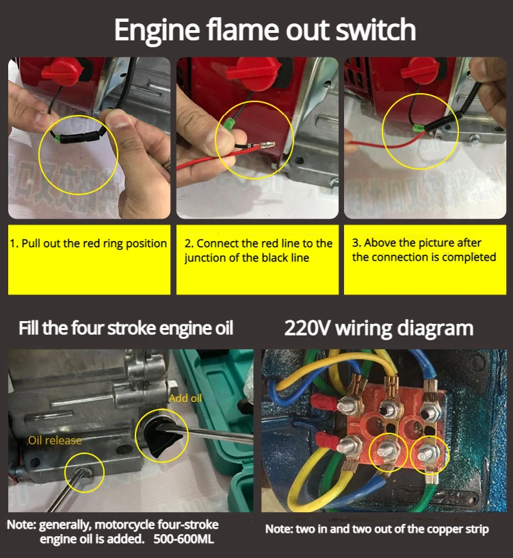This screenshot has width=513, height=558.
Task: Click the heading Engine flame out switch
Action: pyautogui.click(x=265, y=31)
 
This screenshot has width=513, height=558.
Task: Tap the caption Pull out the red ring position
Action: pyautogui.click(x=88, y=244)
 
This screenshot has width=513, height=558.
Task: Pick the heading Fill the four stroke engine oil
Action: pyautogui.click(x=126, y=328)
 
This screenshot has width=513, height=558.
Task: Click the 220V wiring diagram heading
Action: pyautogui.click(x=379, y=328)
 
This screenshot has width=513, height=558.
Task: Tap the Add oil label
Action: pyautogui.click(x=185, y=398)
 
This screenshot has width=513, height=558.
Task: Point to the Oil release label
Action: pyautogui.click(x=55, y=440)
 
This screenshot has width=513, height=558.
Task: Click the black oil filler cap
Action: pyautogui.click(x=161, y=436)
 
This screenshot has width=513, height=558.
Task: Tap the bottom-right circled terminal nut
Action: pyautogui.click(x=427, y=454)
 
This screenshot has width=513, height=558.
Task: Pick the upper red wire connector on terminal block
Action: pyautogui.click(x=324, y=403)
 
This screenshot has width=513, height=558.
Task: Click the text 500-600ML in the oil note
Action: pyautogui.click(x=184, y=539)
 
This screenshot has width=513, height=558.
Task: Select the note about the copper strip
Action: pyautogui.click(x=377, y=529)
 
